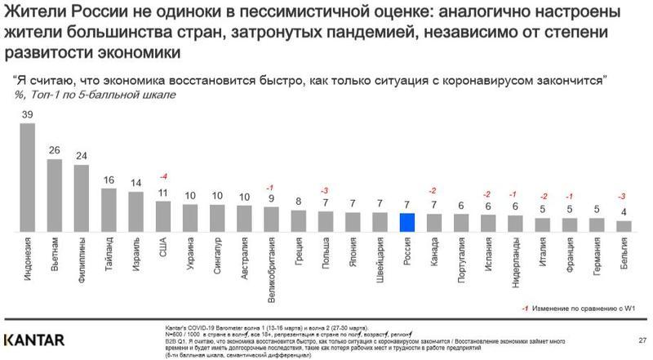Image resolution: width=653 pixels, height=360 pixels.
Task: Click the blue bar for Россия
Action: pos(407,222)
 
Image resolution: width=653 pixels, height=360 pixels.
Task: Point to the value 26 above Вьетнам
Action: pos(55,150)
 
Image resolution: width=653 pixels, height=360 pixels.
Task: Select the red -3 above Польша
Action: pos(325,190)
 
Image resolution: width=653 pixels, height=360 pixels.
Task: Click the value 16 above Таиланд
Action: pos(109,180)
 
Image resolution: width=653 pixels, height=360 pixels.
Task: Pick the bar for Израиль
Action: pos(136,212)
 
